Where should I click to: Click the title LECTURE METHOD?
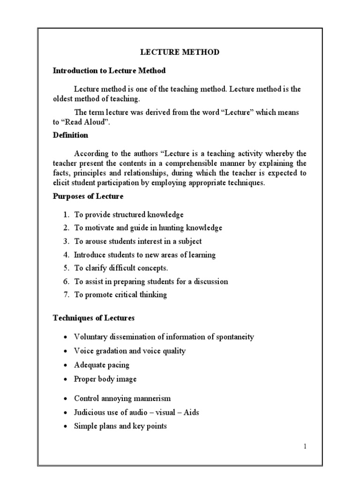tap(180, 52)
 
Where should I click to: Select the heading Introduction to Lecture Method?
tap(109, 71)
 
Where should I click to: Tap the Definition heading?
tap(70, 135)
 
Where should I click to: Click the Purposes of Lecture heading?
tap(88, 196)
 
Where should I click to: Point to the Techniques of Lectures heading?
tap(93, 318)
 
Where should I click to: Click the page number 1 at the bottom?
tap(305, 446)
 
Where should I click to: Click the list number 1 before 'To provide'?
tap(65, 215)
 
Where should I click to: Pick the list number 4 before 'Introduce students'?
tap(65, 255)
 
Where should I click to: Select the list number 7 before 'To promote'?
tap(65, 295)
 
